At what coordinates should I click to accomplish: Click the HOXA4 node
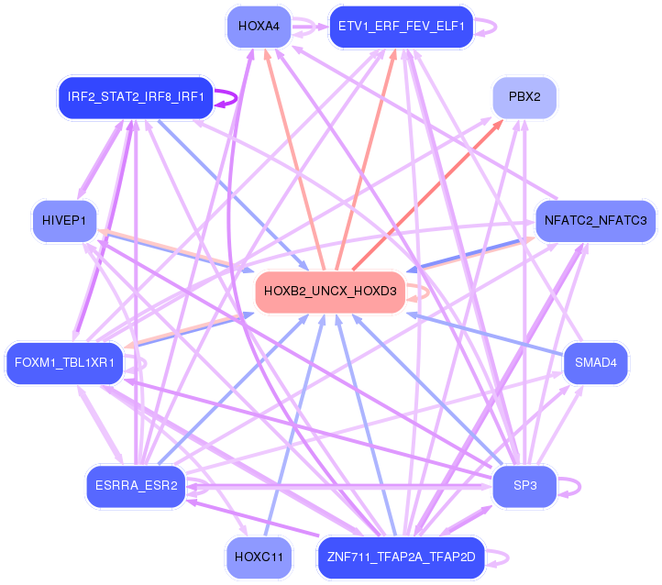(x=252, y=27)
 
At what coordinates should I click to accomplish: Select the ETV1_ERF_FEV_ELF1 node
(x=400, y=27)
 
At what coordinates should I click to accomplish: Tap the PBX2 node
(x=524, y=97)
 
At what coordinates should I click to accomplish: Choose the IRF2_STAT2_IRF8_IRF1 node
(x=136, y=97)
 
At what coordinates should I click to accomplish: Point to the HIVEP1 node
(x=63, y=220)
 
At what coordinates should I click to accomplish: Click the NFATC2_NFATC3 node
(x=595, y=220)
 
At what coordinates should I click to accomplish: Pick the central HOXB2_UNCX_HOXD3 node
(x=330, y=292)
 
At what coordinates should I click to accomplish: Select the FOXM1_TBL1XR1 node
(x=63, y=363)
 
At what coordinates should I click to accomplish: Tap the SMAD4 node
(x=595, y=363)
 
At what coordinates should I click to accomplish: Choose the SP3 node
(x=524, y=485)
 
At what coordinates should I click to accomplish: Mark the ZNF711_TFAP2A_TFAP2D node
(x=400, y=557)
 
